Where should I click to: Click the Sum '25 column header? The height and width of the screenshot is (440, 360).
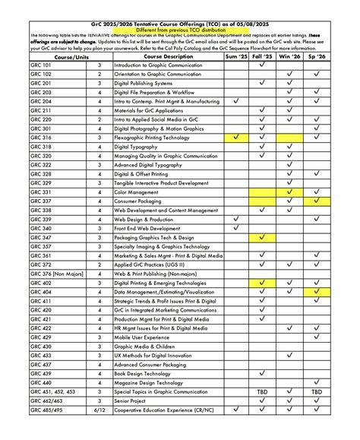pyautogui.click(x=236, y=56)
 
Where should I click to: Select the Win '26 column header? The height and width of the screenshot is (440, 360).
pyautogui.click(x=289, y=56)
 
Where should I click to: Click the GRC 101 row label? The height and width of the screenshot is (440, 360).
pyautogui.click(x=41, y=65)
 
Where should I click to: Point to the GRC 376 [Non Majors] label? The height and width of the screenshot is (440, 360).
pyautogui.click(x=57, y=274)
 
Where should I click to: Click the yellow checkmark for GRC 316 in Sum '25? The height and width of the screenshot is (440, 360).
pyautogui.click(x=236, y=137)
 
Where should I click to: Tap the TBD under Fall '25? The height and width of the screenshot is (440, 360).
pyautogui.click(x=262, y=391)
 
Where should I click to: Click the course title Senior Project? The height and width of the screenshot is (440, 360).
pyautogui.click(x=136, y=400)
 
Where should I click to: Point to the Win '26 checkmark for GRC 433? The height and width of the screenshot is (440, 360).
pyautogui.click(x=289, y=355)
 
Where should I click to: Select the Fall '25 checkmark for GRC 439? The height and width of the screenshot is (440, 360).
pyautogui.click(x=262, y=373)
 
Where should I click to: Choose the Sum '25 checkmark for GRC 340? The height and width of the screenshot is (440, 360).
pyautogui.click(x=236, y=228)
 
